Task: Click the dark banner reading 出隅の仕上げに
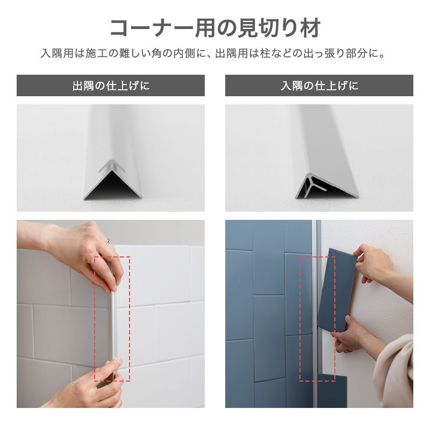click(x=111, y=85)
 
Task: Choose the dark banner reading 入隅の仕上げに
click(x=319, y=85)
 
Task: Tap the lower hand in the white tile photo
click(x=91, y=384)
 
